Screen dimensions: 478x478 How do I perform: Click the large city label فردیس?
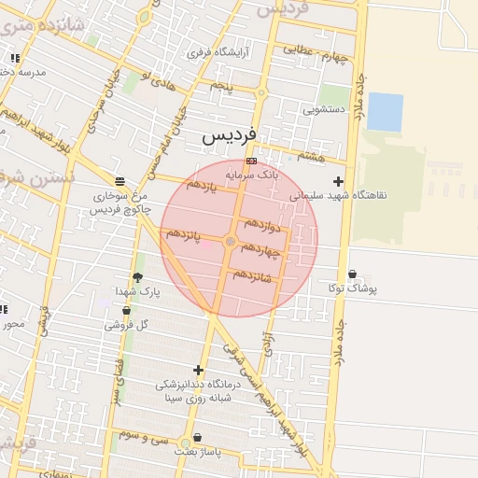coord(228,137)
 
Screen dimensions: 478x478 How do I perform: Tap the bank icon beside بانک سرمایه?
coord(251,162)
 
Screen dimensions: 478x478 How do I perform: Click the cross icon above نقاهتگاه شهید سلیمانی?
coord(338,181)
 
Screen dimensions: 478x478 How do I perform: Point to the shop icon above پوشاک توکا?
coord(352,274)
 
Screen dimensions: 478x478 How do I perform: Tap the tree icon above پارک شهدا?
coord(138,277)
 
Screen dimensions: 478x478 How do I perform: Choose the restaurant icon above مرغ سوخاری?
coord(119,181)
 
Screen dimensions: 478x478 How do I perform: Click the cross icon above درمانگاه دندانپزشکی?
coord(198,370)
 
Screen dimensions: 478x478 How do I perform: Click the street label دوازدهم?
coord(262,226)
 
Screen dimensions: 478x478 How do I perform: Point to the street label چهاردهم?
coord(260,250)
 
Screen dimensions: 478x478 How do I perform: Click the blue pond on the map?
coord(385,112)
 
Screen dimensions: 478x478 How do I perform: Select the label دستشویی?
coord(324,109)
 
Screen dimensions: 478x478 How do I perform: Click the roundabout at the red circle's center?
coord(231,242)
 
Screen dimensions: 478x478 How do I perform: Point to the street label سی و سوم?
coord(137,436)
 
